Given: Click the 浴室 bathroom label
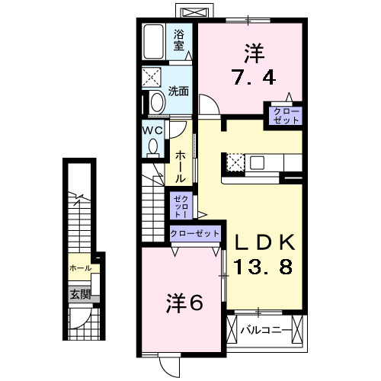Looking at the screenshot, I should point(179,39).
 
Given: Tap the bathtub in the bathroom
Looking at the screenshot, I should point(155,43).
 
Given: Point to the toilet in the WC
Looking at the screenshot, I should point(153,146).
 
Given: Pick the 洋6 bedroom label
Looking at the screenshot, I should point(184,303).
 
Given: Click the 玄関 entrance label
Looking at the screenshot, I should point(80,294).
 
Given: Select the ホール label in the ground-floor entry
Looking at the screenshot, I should point(80,268).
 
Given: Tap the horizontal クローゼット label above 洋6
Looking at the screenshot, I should point(195,233).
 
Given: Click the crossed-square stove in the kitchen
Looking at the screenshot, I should point(235,162).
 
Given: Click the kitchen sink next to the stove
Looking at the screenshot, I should point(257,162).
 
